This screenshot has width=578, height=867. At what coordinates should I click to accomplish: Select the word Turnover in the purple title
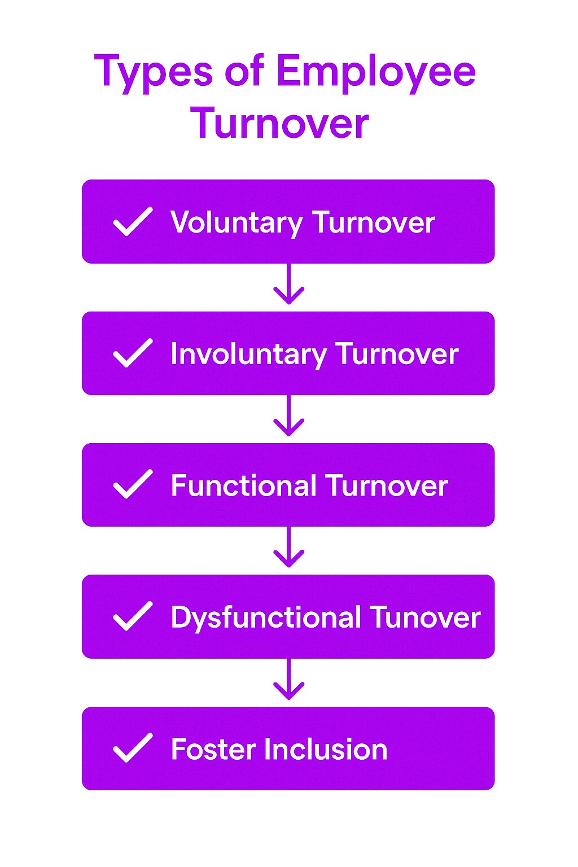pyautogui.click(x=279, y=122)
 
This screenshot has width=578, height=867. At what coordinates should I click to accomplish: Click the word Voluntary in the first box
pyautogui.click(x=237, y=223)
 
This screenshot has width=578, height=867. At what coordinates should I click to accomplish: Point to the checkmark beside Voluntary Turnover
pyautogui.click(x=133, y=221)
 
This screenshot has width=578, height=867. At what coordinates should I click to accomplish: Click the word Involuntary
pyautogui.click(x=248, y=354)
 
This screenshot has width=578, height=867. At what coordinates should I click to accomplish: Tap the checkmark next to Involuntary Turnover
pyautogui.click(x=133, y=353)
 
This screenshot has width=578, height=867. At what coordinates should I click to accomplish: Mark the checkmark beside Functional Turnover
pyautogui.click(x=133, y=484)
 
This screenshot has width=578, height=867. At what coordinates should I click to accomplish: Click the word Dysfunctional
pyautogui.click(x=266, y=618)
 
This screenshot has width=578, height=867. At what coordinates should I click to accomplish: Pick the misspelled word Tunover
pyautogui.click(x=425, y=617)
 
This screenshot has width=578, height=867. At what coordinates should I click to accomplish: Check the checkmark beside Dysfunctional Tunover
pyautogui.click(x=133, y=616)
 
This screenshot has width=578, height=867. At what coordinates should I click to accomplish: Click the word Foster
pyautogui.click(x=214, y=749)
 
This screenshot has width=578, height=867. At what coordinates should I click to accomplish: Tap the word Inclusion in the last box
pyautogui.click(x=326, y=749)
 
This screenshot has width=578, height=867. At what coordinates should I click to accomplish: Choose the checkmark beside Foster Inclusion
pyautogui.click(x=133, y=748)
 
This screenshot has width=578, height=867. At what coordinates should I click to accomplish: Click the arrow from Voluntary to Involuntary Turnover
pyautogui.click(x=288, y=284)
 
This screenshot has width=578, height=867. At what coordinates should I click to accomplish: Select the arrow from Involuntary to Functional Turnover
pyautogui.click(x=288, y=415)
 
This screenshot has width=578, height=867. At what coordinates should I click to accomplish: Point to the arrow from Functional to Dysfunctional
pyautogui.click(x=288, y=547)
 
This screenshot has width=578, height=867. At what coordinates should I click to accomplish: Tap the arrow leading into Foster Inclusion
pyautogui.click(x=288, y=679)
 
